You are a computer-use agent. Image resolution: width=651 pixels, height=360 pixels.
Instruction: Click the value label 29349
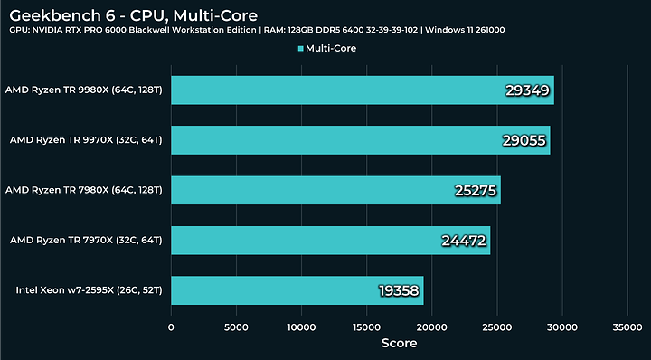click(527, 90)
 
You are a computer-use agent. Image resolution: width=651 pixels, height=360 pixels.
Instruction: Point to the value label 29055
click(524, 140)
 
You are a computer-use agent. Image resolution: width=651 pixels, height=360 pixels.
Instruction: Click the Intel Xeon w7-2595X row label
click(89, 290)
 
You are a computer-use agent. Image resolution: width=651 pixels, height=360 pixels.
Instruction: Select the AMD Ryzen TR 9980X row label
click(83, 90)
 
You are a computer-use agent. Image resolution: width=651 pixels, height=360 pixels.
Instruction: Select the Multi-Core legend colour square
click(300, 48)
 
